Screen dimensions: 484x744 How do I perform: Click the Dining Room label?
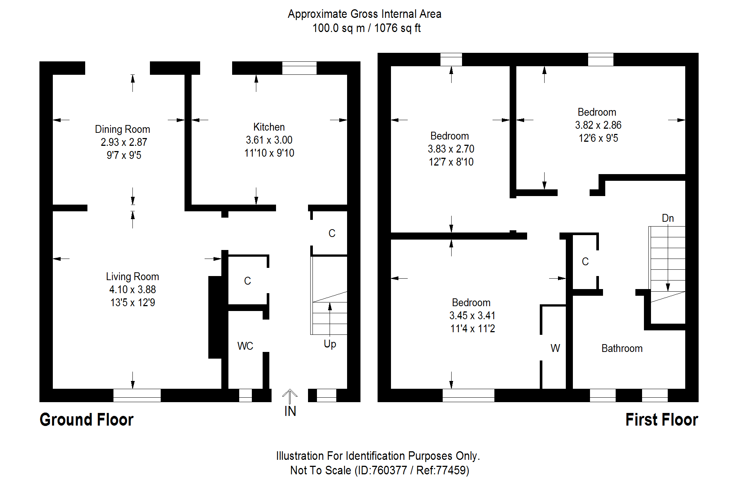[x=122, y=129]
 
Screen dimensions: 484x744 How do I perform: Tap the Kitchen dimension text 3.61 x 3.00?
[x=269, y=140]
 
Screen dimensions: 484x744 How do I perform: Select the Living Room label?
[x=132, y=276]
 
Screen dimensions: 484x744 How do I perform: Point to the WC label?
[x=245, y=346]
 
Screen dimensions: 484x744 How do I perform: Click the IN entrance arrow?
[x=290, y=397]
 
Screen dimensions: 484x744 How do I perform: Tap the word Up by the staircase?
[x=330, y=344]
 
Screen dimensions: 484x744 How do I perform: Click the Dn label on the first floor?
[x=668, y=218]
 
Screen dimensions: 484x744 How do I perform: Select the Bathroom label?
[x=622, y=348]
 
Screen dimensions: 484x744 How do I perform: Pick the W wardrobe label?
[x=555, y=348]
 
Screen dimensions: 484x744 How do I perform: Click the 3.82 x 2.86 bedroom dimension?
[x=598, y=125]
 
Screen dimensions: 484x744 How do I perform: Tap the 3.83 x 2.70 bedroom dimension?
[x=451, y=149]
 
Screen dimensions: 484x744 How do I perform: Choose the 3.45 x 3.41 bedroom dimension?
[x=472, y=315]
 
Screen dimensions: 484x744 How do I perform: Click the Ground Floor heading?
[x=86, y=420]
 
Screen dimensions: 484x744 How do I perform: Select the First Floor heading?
[x=661, y=420]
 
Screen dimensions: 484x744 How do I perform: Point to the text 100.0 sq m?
[x=338, y=28]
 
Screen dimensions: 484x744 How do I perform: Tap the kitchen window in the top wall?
[x=299, y=68]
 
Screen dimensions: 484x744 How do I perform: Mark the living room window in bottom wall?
[x=137, y=395]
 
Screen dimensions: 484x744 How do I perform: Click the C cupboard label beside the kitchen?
[x=332, y=233]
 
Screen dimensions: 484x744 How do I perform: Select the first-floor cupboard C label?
[x=585, y=262]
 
